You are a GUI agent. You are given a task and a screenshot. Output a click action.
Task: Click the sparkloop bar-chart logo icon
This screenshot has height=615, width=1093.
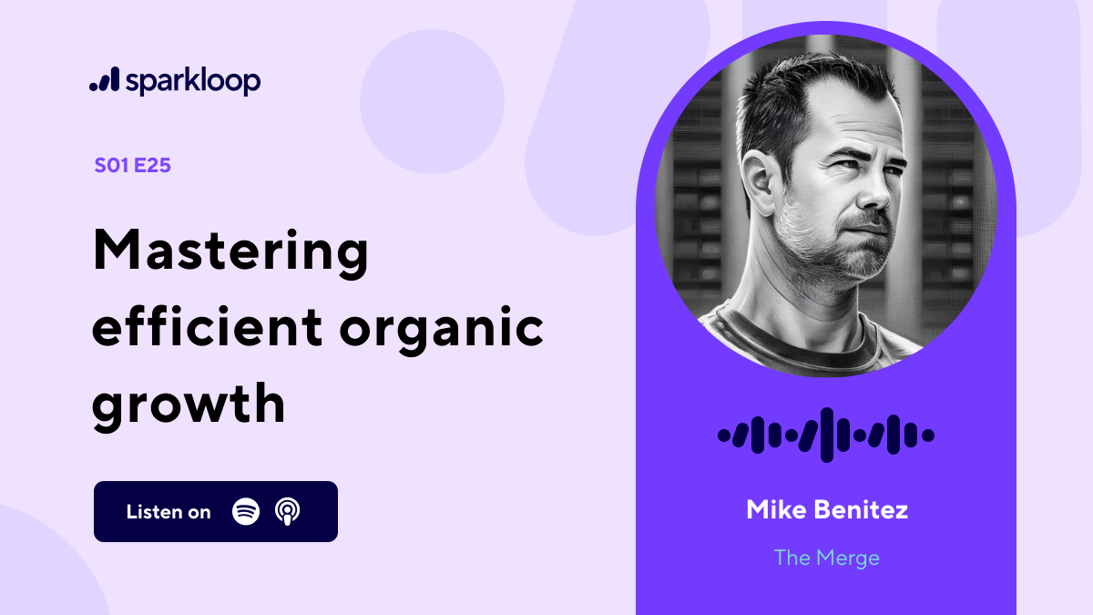[x=104, y=81]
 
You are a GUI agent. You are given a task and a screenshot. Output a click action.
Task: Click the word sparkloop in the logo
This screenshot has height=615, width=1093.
[x=193, y=82]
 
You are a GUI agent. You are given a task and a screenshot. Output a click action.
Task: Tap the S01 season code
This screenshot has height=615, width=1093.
[x=112, y=166]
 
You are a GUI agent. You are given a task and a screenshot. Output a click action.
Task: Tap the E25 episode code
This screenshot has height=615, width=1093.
[x=152, y=166]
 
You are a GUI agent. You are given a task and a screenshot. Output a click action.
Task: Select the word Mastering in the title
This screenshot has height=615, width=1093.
[x=230, y=252]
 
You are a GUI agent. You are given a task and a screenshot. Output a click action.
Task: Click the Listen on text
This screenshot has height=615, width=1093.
[x=169, y=512]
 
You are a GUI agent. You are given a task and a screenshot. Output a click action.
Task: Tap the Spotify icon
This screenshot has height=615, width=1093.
[x=246, y=511]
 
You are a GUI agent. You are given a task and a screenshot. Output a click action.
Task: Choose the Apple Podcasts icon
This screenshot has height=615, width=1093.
[x=287, y=511]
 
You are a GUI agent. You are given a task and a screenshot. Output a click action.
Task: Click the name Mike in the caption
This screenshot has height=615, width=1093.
[x=774, y=509]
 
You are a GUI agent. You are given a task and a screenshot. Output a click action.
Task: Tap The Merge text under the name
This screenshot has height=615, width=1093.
[x=826, y=558]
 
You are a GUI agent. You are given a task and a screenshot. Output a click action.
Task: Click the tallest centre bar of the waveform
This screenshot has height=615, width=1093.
[x=826, y=435]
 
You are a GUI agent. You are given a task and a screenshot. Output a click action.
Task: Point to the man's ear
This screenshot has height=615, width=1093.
[x=761, y=181]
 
